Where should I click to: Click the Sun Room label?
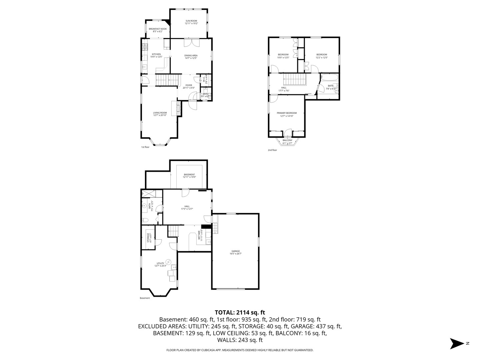[191, 22]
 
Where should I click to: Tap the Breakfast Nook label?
[158, 30]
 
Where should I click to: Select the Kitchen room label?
[156, 55]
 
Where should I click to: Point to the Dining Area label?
[191, 57]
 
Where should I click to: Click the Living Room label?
[160, 114]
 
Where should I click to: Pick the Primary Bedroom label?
[287, 114]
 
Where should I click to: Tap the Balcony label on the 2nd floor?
[287, 141]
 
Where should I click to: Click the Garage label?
[236, 252]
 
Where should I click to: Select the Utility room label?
[160, 264]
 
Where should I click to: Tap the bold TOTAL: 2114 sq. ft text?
[240, 312]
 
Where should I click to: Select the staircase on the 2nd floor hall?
[295, 80]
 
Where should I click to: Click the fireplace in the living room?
[179, 108]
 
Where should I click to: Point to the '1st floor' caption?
[145, 147]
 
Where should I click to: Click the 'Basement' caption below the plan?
[145, 298]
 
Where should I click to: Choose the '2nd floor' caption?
[272, 150]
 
